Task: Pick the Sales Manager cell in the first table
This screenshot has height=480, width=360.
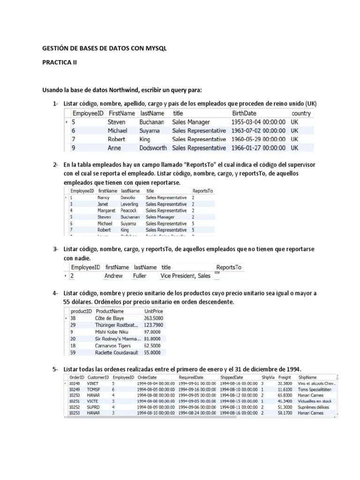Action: tap(191, 122)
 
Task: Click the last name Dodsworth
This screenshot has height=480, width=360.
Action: tap(153, 148)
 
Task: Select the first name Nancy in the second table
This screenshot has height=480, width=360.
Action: tap(103, 198)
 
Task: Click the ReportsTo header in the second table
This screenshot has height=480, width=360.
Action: tap(203, 191)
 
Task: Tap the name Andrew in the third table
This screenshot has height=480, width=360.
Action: tap(113, 276)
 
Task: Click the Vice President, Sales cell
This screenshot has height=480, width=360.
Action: tap(185, 276)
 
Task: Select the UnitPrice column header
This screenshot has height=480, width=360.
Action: tap(154, 311)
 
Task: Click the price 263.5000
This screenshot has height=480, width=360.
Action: tap(154, 318)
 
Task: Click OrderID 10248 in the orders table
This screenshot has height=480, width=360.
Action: tap(75, 383)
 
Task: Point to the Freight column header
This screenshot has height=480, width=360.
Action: tap(284, 377)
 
